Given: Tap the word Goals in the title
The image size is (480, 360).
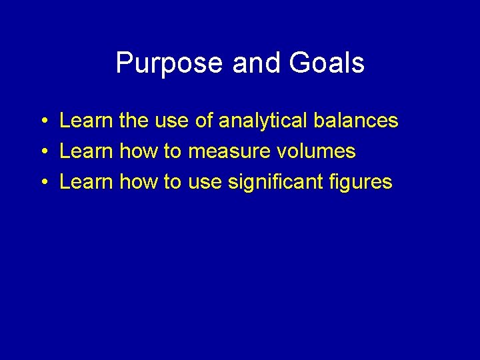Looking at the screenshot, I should click(327, 63).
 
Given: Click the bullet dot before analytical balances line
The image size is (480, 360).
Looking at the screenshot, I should click(42, 121).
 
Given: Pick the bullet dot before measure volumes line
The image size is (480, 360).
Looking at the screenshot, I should click(42, 152).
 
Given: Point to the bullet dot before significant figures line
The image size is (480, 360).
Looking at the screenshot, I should click(42, 183).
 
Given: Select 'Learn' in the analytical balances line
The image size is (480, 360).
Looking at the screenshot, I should click(86, 121).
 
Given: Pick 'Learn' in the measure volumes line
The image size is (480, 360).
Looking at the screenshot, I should click(86, 151).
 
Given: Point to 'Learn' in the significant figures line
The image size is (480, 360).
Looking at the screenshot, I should click(86, 182).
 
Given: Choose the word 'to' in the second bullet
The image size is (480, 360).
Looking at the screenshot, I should click(173, 152).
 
